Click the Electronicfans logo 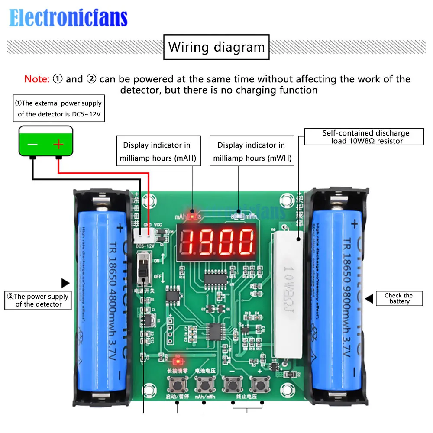(x=68, y=18)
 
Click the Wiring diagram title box (x=216, y=47)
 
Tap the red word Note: (x=37, y=79)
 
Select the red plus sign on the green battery (x=58, y=145)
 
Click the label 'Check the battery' (x=399, y=298)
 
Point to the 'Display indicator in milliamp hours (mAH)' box (x=157, y=152)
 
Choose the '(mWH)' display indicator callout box (x=251, y=152)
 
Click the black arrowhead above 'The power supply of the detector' (x=65, y=283)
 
